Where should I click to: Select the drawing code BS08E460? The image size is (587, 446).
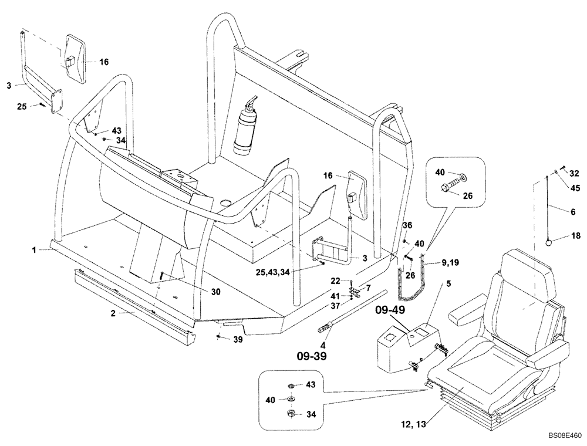click(565, 436)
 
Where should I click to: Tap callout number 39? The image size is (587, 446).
click(238, 339)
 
